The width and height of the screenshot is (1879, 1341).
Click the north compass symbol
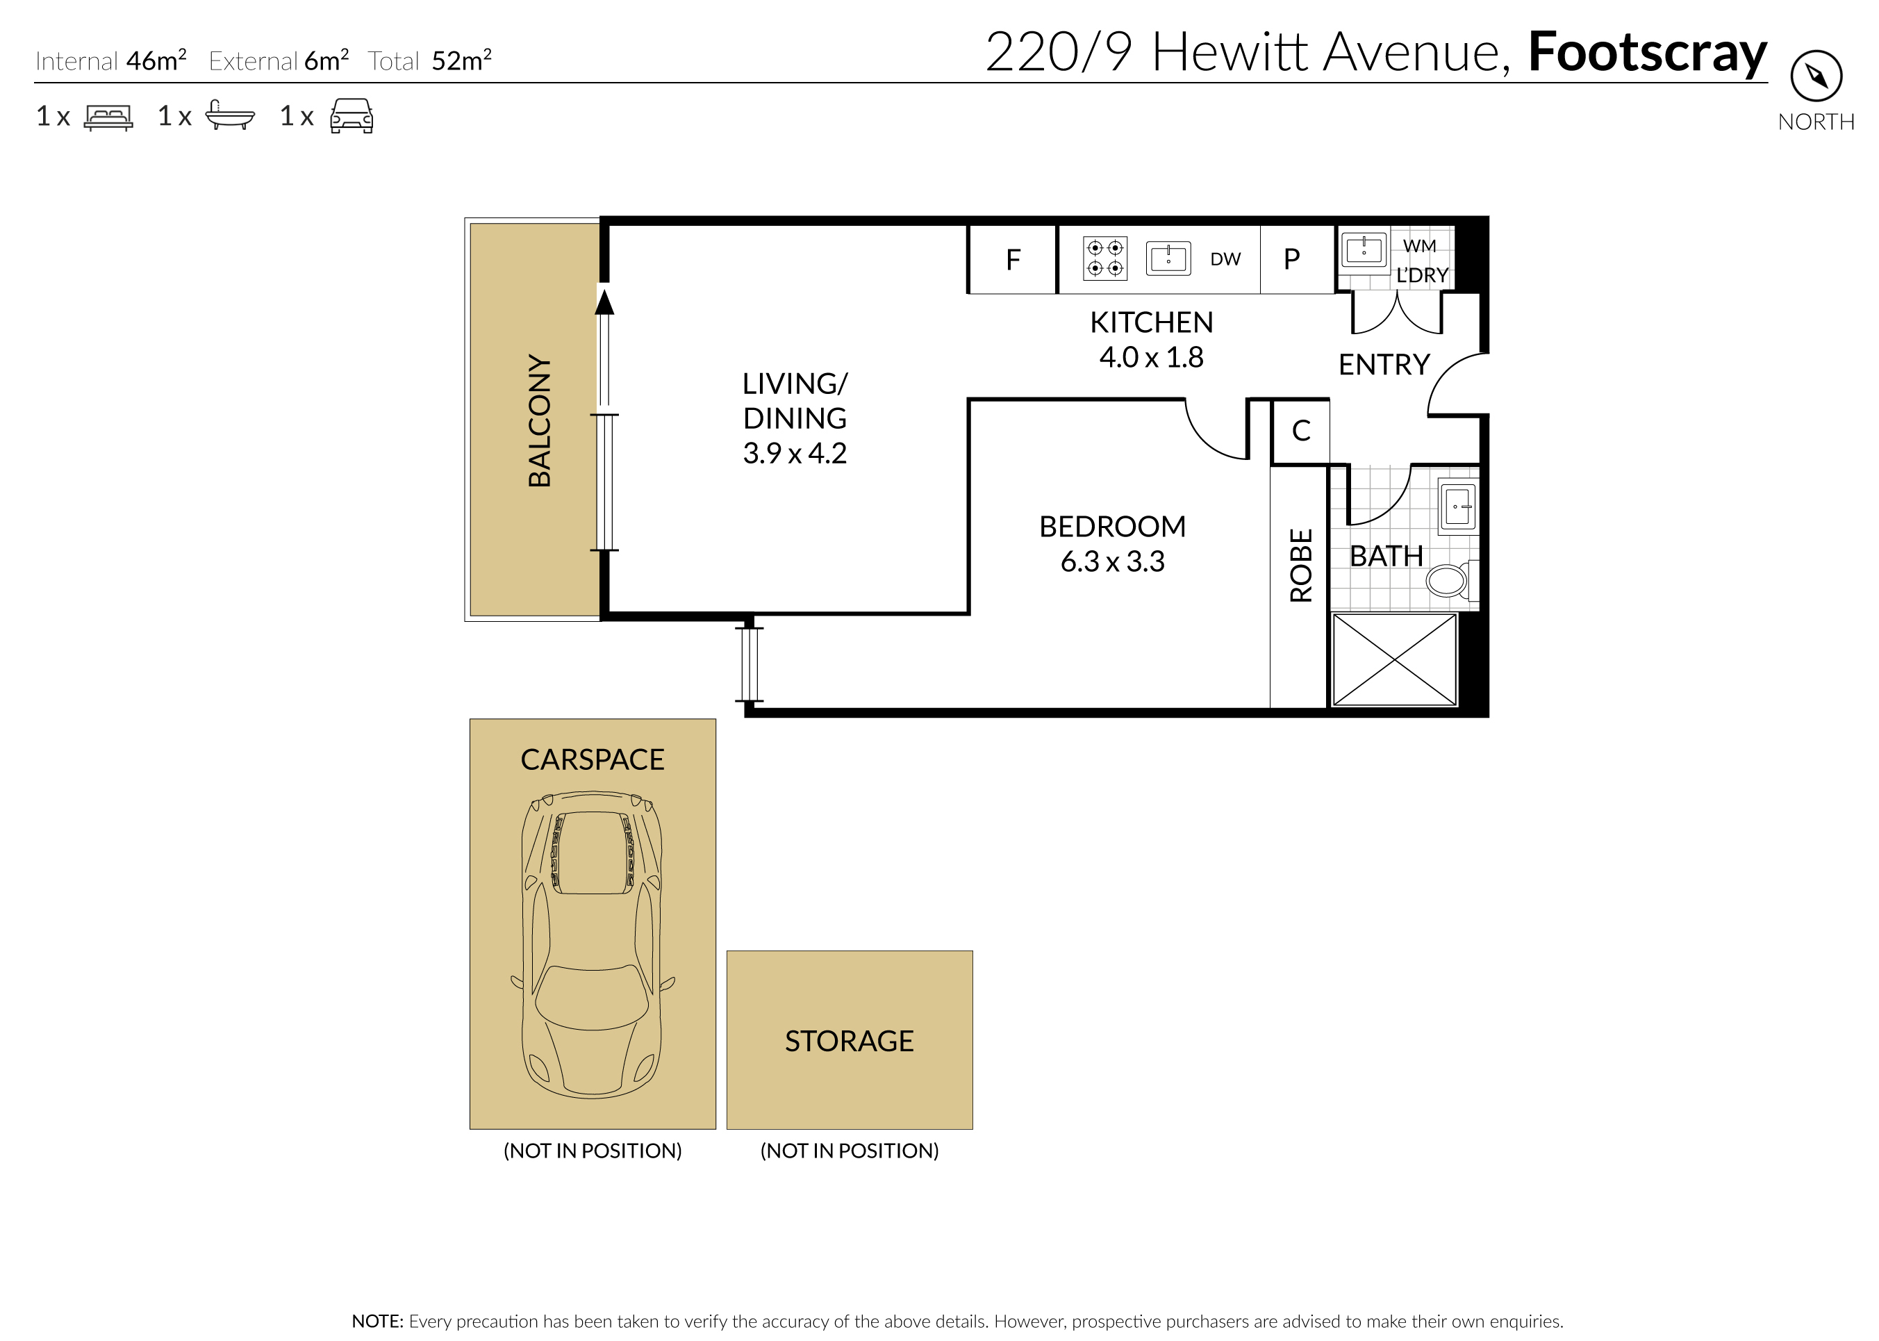point(1816,76)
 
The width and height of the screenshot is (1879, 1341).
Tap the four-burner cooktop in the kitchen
point(1104,258)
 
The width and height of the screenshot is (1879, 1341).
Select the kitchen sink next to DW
point(1168,258)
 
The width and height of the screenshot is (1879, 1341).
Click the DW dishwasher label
point(1225,259)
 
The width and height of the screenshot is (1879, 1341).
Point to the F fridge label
point(1013,260)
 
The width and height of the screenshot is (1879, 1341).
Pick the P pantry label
point(1292,259)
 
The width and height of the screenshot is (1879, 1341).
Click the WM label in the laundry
point(1419,246)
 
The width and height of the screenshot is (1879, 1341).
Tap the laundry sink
point(1364,249)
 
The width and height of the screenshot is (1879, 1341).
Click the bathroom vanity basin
point(1458,505)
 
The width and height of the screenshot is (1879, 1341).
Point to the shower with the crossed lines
point(1394,660)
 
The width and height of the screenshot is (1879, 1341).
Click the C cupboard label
point(1301,430)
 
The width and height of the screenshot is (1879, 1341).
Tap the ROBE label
point(1301,566)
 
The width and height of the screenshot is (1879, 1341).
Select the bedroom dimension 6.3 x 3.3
point(1112,561)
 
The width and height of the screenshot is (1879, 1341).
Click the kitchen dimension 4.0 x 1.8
point(1151,358)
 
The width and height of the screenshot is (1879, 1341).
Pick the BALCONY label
point(539,420)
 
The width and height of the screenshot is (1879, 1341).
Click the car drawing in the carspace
point(593,945)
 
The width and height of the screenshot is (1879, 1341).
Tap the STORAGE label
point(849,1042)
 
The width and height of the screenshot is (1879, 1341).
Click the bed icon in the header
point(108,117)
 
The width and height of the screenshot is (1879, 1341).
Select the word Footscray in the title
point(1647,53)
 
